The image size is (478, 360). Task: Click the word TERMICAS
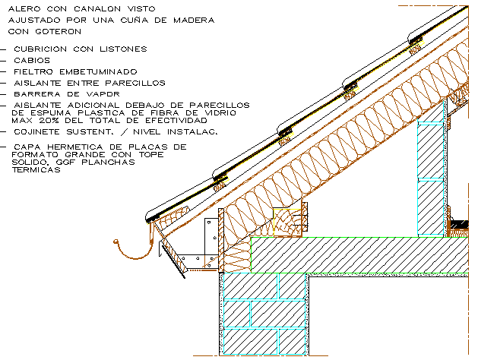click(x=37, y=171)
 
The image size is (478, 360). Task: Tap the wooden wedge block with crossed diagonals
click(x=286, y=223)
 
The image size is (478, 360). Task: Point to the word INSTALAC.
click(x=193, y=131)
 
